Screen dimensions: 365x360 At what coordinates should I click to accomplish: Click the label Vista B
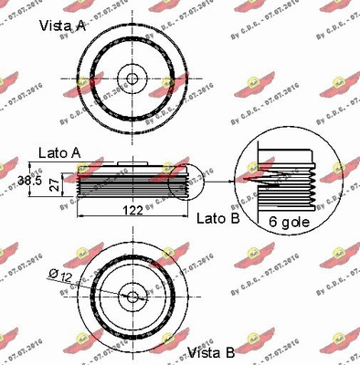(x=211, y=352)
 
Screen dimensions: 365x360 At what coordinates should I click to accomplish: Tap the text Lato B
(x=216, y=219)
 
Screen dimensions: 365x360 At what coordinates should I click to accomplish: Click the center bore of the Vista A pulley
(x=132, y=78)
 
